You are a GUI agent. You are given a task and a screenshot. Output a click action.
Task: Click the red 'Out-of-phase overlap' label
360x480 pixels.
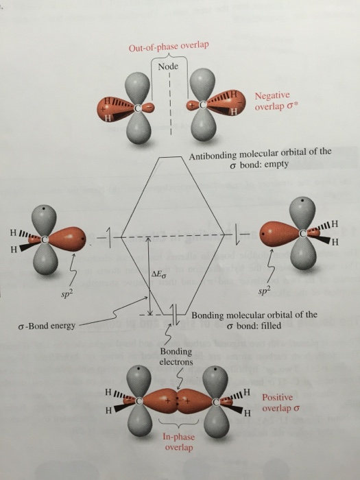click(x=169, y=47)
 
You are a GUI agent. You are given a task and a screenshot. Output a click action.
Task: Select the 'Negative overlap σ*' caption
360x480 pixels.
click(x=274, y=102)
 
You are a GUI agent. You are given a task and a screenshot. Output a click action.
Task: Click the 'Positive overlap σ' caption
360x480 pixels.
click(x=281, y=401)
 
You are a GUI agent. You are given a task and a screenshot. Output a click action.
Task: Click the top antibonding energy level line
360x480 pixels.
click(x=167, y=157)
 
